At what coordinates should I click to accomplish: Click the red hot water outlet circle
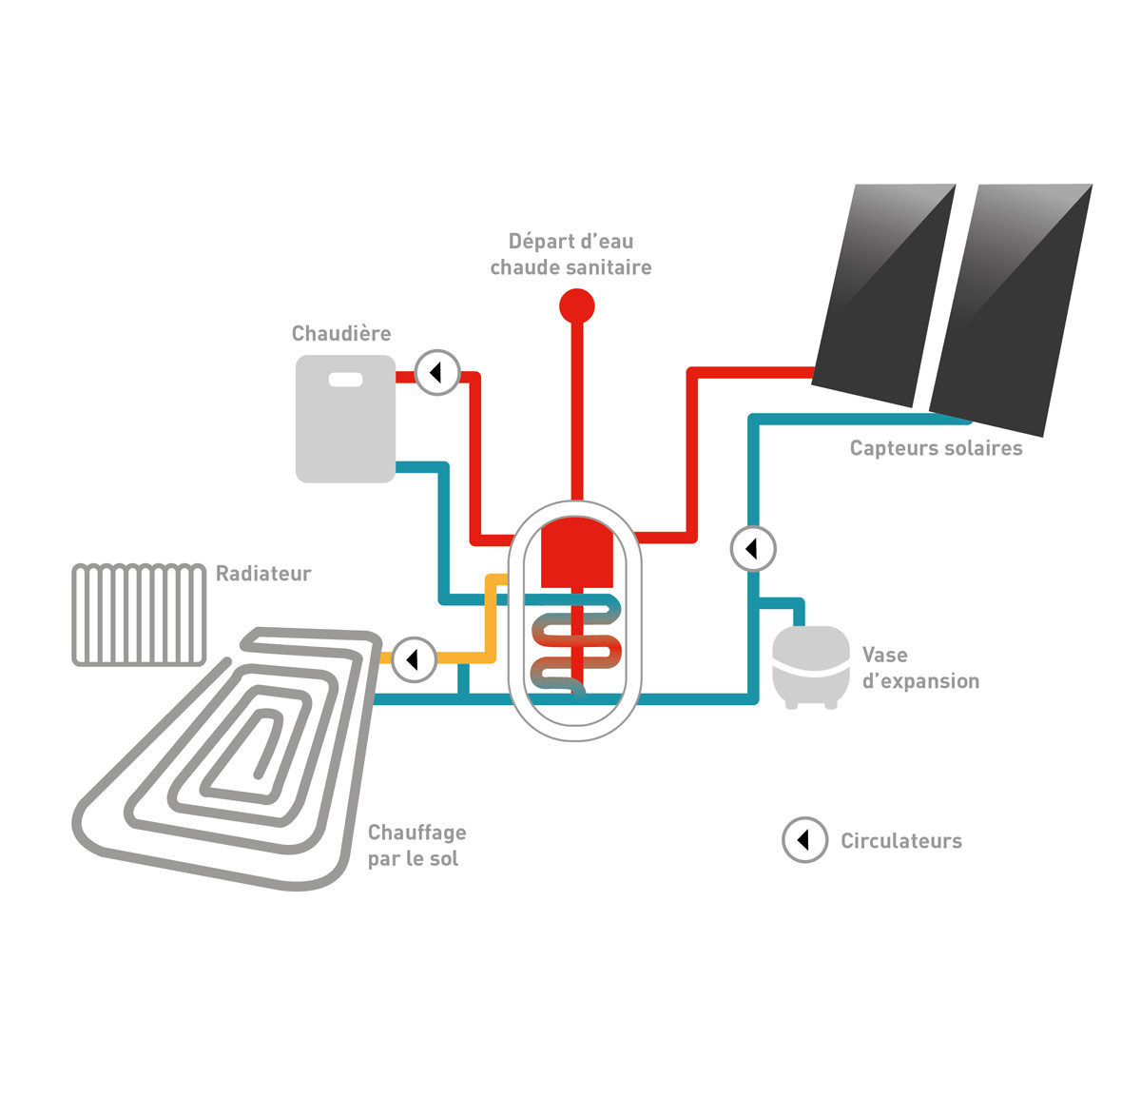[576, 306]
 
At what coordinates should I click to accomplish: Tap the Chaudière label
[341, 334]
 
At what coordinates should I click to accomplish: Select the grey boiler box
[345, 428]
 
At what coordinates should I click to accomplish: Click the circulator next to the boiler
[438, 373]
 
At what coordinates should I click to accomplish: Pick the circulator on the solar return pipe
[753, 549]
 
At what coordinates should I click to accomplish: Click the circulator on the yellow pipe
[415, 658]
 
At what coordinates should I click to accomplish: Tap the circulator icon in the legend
[804, 840]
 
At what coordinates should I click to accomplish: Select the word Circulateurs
[900, 841]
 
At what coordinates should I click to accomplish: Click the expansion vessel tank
[810, 666]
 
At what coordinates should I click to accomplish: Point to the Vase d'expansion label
[919, 668]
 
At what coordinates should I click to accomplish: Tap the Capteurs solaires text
[936, 448]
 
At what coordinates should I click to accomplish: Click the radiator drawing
[139, 615]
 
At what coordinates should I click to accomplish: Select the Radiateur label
[263, 574]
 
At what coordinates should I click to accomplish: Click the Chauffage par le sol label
[416, 845]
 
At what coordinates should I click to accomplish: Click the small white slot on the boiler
[345, 380]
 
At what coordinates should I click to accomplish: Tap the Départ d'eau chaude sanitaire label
[570, 255]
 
